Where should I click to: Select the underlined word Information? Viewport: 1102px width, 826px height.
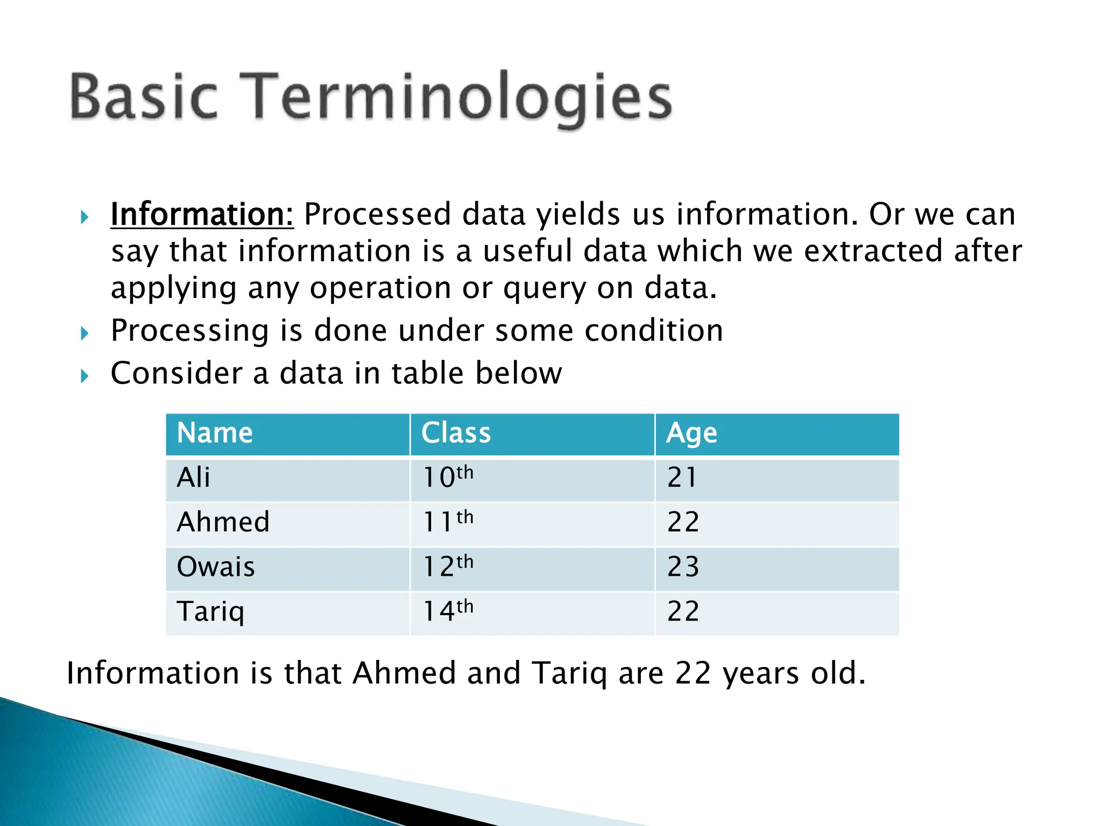pyautogui.click(x=202, y=215)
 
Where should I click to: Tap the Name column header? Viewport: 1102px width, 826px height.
pyautogui.click(x=215, y=433)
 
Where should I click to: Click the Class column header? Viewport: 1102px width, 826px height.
pyautogui.click(x=456, y=433)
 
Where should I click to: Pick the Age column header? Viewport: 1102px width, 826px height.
pyautogui.click(x=691, y=433)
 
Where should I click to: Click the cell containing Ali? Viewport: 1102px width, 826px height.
pyautogui.click(x=193, y=478)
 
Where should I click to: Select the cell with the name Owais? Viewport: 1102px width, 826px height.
pyautogui.click(x=216, y=567)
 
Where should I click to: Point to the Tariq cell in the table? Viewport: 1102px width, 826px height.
pyautogui.click(x=210, y=612)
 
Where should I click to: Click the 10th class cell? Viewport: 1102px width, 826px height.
pyautogui.click(x=448, y=478)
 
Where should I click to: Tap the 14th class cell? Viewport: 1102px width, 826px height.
pyautogui.click(x=448, y=612)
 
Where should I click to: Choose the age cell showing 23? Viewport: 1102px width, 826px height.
pyautogui.click(x=683, y=567)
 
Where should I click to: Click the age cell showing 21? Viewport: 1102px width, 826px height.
pyautogui.click(x=682, y=478)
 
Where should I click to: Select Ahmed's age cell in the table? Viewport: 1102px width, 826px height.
pyautogui.click(x=683, y=523)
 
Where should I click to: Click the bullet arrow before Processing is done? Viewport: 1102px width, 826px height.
pyautogui.click(x=84, y=334)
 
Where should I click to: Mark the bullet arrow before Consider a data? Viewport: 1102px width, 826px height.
pyautogui.click(x=84, y=376)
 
